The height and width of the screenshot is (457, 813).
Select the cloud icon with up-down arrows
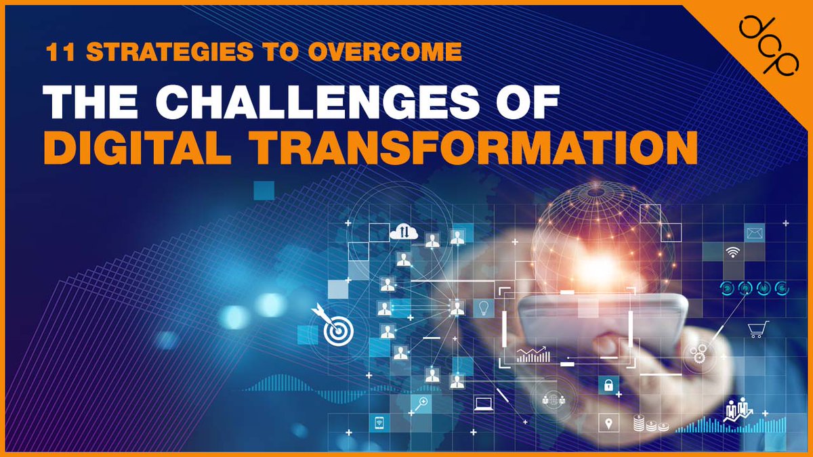(x=404, y=232)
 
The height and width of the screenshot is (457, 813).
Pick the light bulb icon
(x=483, y=308)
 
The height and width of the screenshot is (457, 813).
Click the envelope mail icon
(x=754, y=234)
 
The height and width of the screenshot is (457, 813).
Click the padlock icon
(x=608, y=385)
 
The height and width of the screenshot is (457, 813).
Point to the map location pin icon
(x=608, y=424)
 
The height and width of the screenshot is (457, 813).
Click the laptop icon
(x=483, y=404)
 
